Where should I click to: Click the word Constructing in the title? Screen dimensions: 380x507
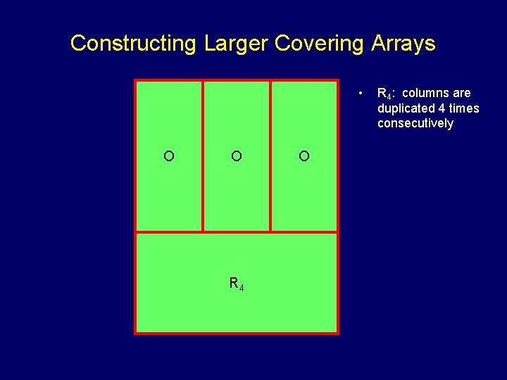[x=133, y=44]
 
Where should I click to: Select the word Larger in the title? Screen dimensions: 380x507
[x=236, y=44]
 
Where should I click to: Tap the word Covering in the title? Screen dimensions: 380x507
[x=318, y=44]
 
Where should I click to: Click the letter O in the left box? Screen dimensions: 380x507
[x=169, y=156]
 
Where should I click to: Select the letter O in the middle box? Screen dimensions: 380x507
[x=237, y=156]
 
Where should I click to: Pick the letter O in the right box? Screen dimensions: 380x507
[x=303, y=156]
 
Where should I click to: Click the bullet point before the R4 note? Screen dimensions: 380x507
[x=360, y=93]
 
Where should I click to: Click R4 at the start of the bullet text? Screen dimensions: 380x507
[x=385, y=94]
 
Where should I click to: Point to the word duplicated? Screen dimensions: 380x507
[x=406, y=108]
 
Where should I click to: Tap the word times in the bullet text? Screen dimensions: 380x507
[x=464, y=108]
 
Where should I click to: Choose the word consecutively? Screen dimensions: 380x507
[x=415, y=124]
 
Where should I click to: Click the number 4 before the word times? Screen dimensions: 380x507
[x=442, y=108]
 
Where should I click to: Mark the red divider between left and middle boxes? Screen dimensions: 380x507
[x=203, y=156]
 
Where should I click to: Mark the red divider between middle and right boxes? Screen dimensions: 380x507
[x=270, y=156]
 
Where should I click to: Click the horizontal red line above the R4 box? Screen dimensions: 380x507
[x=237, y=232]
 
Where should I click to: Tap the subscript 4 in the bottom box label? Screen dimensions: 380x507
[x=242, y=287]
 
